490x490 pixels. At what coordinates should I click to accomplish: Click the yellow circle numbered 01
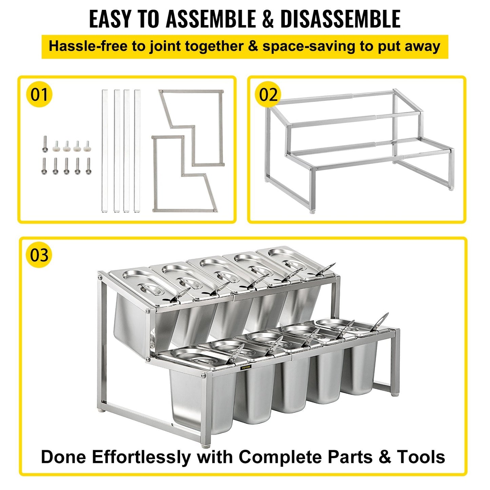pyautogui.click(x=39, y=94)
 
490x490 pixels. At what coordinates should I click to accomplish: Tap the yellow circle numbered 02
pyautogui.click(x=268, y=95)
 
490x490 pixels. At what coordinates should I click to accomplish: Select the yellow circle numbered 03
pyautogui.click(x=39, y=255)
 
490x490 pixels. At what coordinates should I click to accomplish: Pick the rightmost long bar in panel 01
pyautogui.click(x=137, y=151)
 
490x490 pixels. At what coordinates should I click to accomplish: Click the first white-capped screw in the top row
pyautogui.click(x=56, y=146)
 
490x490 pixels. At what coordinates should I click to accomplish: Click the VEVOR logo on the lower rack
pyautogui.click(x=246, y=367)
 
